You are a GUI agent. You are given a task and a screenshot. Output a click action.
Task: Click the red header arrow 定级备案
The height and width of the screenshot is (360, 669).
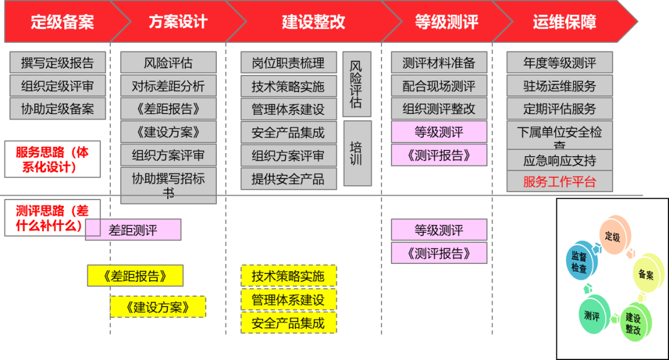62,22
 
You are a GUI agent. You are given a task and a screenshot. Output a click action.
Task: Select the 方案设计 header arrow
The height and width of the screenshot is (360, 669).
178,22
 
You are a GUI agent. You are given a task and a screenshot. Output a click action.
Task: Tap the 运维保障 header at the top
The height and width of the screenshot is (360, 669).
564,22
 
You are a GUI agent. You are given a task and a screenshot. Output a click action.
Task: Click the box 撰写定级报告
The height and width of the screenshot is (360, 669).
58,63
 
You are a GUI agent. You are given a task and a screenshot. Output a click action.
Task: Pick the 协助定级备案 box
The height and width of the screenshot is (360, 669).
58,109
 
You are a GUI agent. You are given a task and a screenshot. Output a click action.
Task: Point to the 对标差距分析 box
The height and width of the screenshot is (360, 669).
168,86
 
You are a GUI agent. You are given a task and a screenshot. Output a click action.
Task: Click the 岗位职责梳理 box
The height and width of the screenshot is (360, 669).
289,63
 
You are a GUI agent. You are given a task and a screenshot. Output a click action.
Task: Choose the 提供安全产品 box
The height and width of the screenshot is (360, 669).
289,178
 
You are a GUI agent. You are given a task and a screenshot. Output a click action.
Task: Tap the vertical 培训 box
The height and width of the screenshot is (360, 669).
356,154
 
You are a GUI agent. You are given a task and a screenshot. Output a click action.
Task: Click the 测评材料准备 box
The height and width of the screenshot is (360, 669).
439,63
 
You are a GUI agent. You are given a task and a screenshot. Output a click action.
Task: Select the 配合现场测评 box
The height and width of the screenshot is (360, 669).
439,86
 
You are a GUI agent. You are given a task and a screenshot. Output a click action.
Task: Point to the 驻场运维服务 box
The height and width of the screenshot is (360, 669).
559,86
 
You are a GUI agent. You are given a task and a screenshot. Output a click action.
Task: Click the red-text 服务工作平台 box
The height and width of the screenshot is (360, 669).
559,182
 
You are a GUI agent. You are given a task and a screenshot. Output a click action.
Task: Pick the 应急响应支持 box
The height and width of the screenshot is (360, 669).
559,160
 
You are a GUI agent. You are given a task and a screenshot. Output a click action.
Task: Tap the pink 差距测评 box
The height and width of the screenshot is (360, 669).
133,230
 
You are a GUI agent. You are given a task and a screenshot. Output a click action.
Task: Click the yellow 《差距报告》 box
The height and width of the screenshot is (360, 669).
136,276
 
